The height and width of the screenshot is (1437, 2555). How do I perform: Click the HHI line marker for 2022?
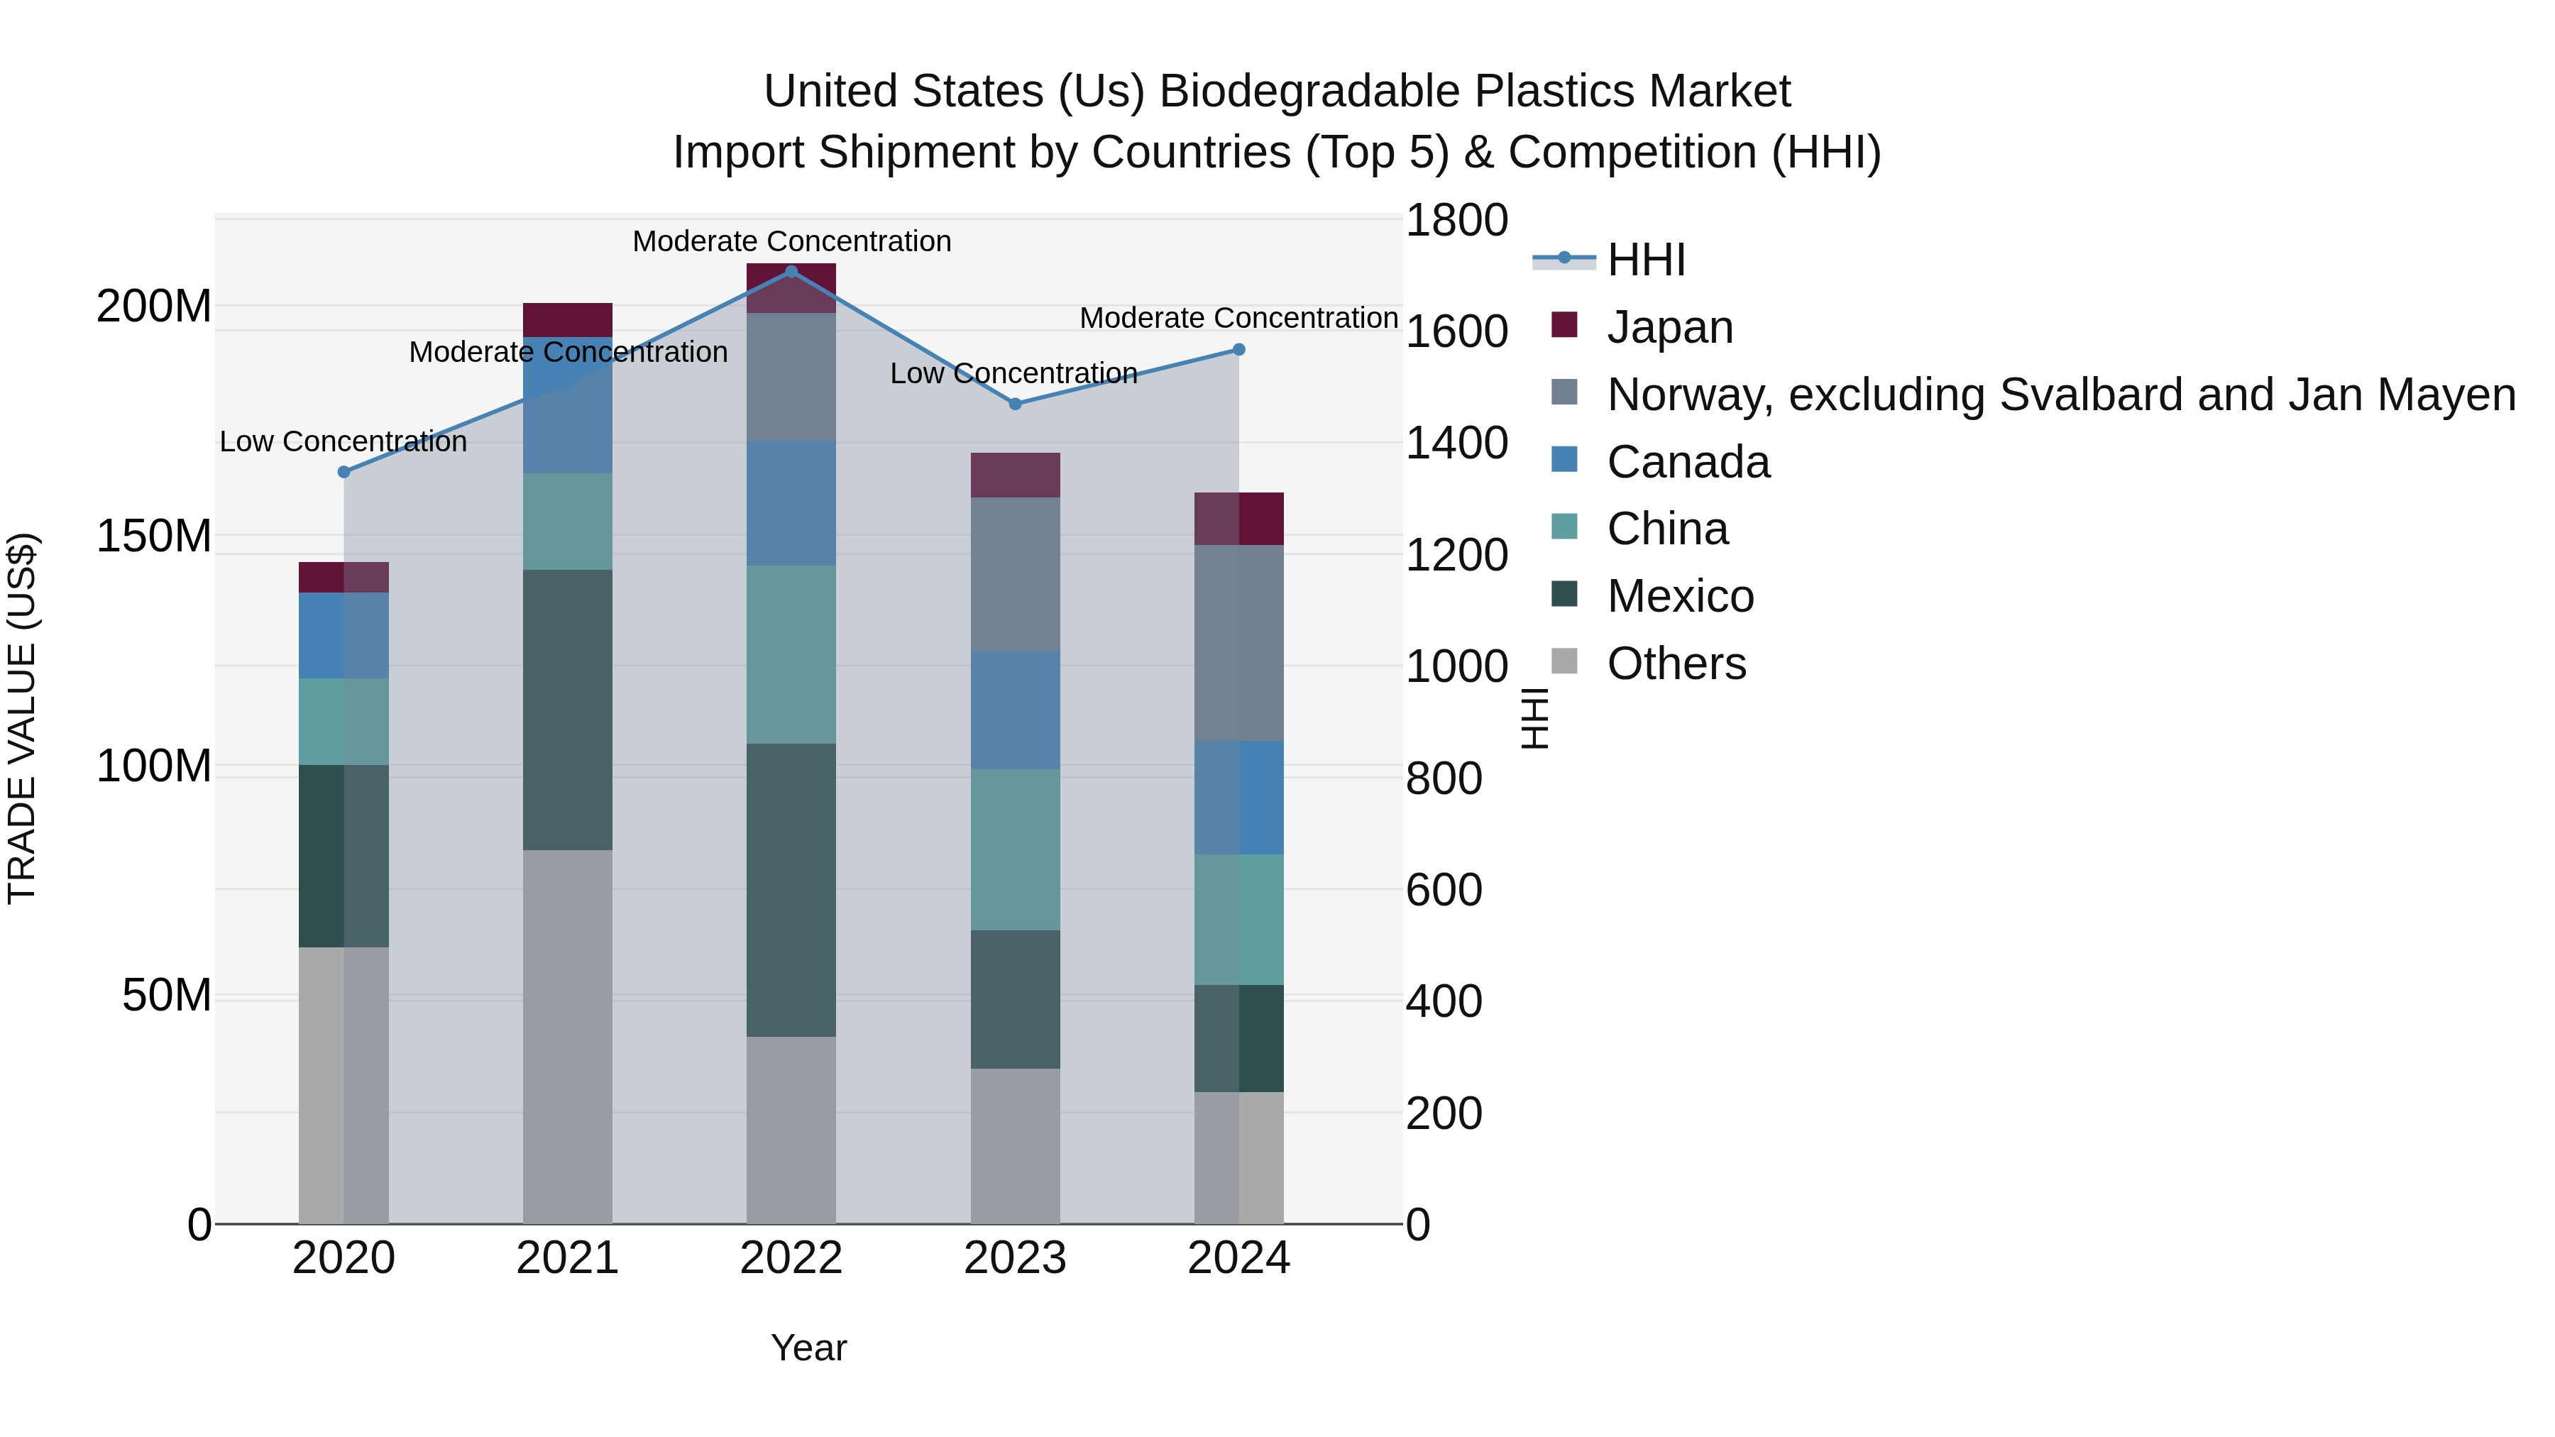(791, 271)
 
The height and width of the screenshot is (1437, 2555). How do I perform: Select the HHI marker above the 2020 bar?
(344, 472)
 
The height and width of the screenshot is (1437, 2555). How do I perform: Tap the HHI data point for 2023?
(1015, 404)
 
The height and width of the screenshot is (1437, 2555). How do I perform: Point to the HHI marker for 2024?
(1238, 349)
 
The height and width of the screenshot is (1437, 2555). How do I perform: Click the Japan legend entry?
(1669, 327)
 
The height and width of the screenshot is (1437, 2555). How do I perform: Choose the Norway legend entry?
(2060, 395)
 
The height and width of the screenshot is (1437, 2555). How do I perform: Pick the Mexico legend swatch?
(1564, 595)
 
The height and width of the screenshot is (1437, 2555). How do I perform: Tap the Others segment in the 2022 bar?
(791, 1130)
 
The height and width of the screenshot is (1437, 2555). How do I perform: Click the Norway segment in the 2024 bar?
(1238, 643)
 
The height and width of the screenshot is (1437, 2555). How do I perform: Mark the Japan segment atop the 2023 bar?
(1015, 475)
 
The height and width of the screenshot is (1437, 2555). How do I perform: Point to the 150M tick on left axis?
(154, 536)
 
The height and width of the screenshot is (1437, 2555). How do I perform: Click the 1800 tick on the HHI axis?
(1456, 220)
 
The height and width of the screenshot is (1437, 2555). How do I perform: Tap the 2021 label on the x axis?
(567, 1258)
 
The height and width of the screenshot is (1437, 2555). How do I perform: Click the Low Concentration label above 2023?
(1013, 374)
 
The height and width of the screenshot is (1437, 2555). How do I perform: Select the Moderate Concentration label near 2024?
(1238, 319)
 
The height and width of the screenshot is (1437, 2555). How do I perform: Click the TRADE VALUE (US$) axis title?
(22, 718)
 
